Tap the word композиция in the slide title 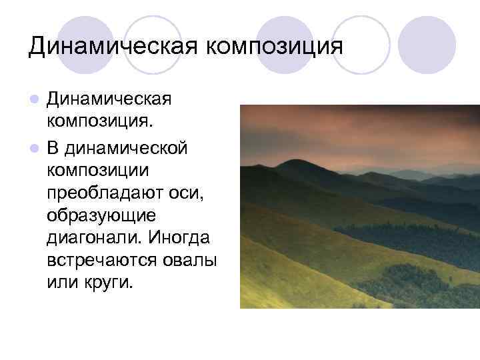[x=273, y=47]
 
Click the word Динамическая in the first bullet [x=110, y=100]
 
